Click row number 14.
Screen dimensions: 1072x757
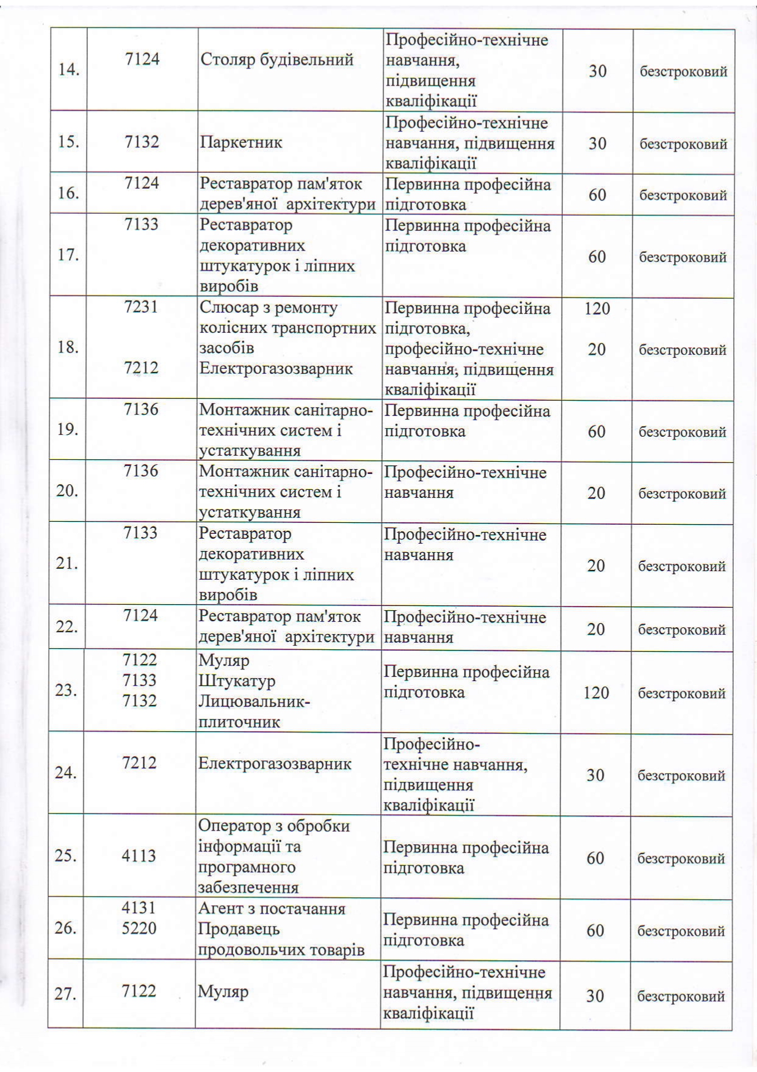[69, 70]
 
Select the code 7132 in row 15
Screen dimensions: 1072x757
[142, 142]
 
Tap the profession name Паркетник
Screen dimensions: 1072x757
[241, 142]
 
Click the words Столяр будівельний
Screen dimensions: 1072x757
[277, 60]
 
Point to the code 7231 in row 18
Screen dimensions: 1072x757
[141, 307]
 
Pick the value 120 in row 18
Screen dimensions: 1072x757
[596, 308]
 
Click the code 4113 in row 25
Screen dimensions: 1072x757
[139, 855]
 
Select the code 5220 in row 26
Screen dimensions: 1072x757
[139, 928]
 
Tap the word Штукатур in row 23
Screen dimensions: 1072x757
[236, 680]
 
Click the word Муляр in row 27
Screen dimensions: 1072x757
[223, 991]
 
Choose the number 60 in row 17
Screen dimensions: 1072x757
[596, 257]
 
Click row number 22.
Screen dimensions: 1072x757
[67, 627]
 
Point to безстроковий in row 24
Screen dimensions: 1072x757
[681, 775]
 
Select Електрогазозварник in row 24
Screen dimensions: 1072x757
[274, 764]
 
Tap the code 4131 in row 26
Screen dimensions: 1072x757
[139, 908]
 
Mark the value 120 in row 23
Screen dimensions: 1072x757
[596, 693]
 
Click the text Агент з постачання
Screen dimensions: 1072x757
[271, 908]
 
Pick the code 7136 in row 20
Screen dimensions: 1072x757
[140, 470]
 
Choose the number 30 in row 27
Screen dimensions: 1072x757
[595, 996]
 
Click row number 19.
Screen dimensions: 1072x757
[67, 429]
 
